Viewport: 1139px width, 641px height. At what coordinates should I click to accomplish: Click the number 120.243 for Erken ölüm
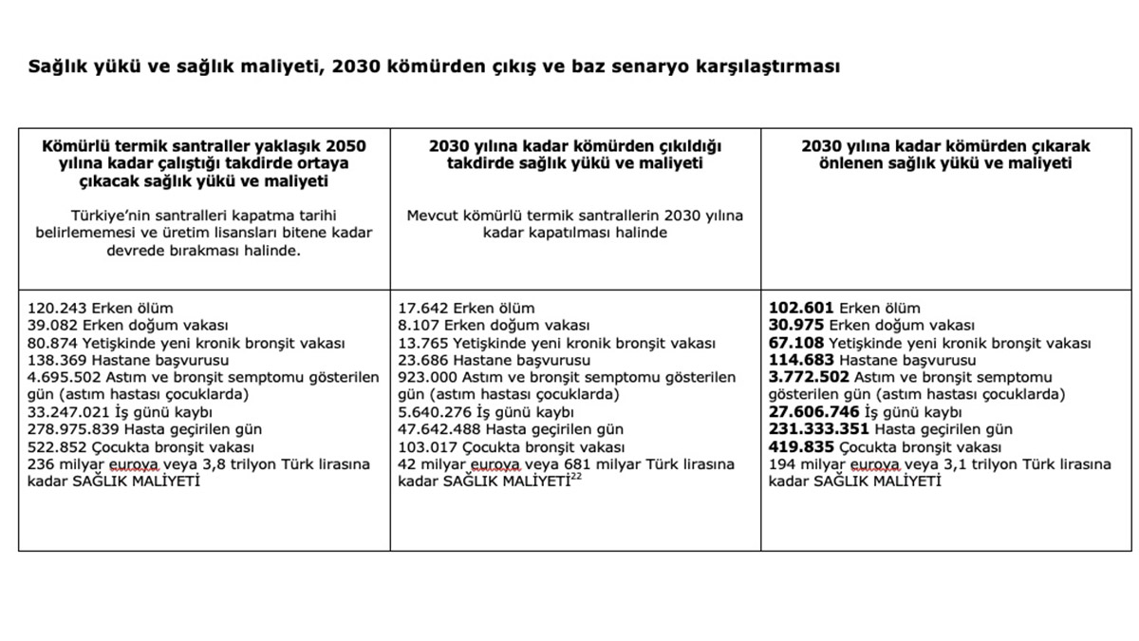point(56,308)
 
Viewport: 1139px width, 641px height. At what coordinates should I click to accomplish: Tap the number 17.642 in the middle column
point(423,308)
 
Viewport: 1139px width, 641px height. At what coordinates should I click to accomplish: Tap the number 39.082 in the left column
point(52,325)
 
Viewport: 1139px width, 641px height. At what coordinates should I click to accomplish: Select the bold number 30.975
point(797,325)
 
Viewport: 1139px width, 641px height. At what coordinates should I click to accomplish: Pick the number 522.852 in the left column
point(56,446)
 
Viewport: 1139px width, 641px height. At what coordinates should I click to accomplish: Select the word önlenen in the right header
point(850,163)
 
